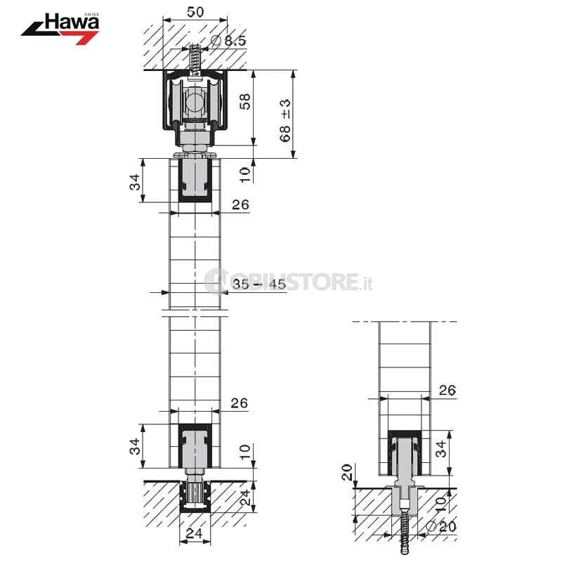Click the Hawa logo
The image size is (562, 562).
tap(60, 29)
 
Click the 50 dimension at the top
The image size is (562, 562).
tap(195, 12)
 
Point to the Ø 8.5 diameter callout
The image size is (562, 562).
tap(228, 41)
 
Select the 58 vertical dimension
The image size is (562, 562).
tap(244, 101)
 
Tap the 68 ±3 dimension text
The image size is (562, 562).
tap(285, 121)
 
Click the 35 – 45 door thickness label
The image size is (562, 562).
tap(259, 285)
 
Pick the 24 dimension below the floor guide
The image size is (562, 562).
tap(194, 533)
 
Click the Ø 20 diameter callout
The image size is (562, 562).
tap(442, 526)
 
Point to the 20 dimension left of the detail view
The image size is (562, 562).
tap(347, 472)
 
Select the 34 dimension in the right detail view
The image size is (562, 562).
tap(441, 449)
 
